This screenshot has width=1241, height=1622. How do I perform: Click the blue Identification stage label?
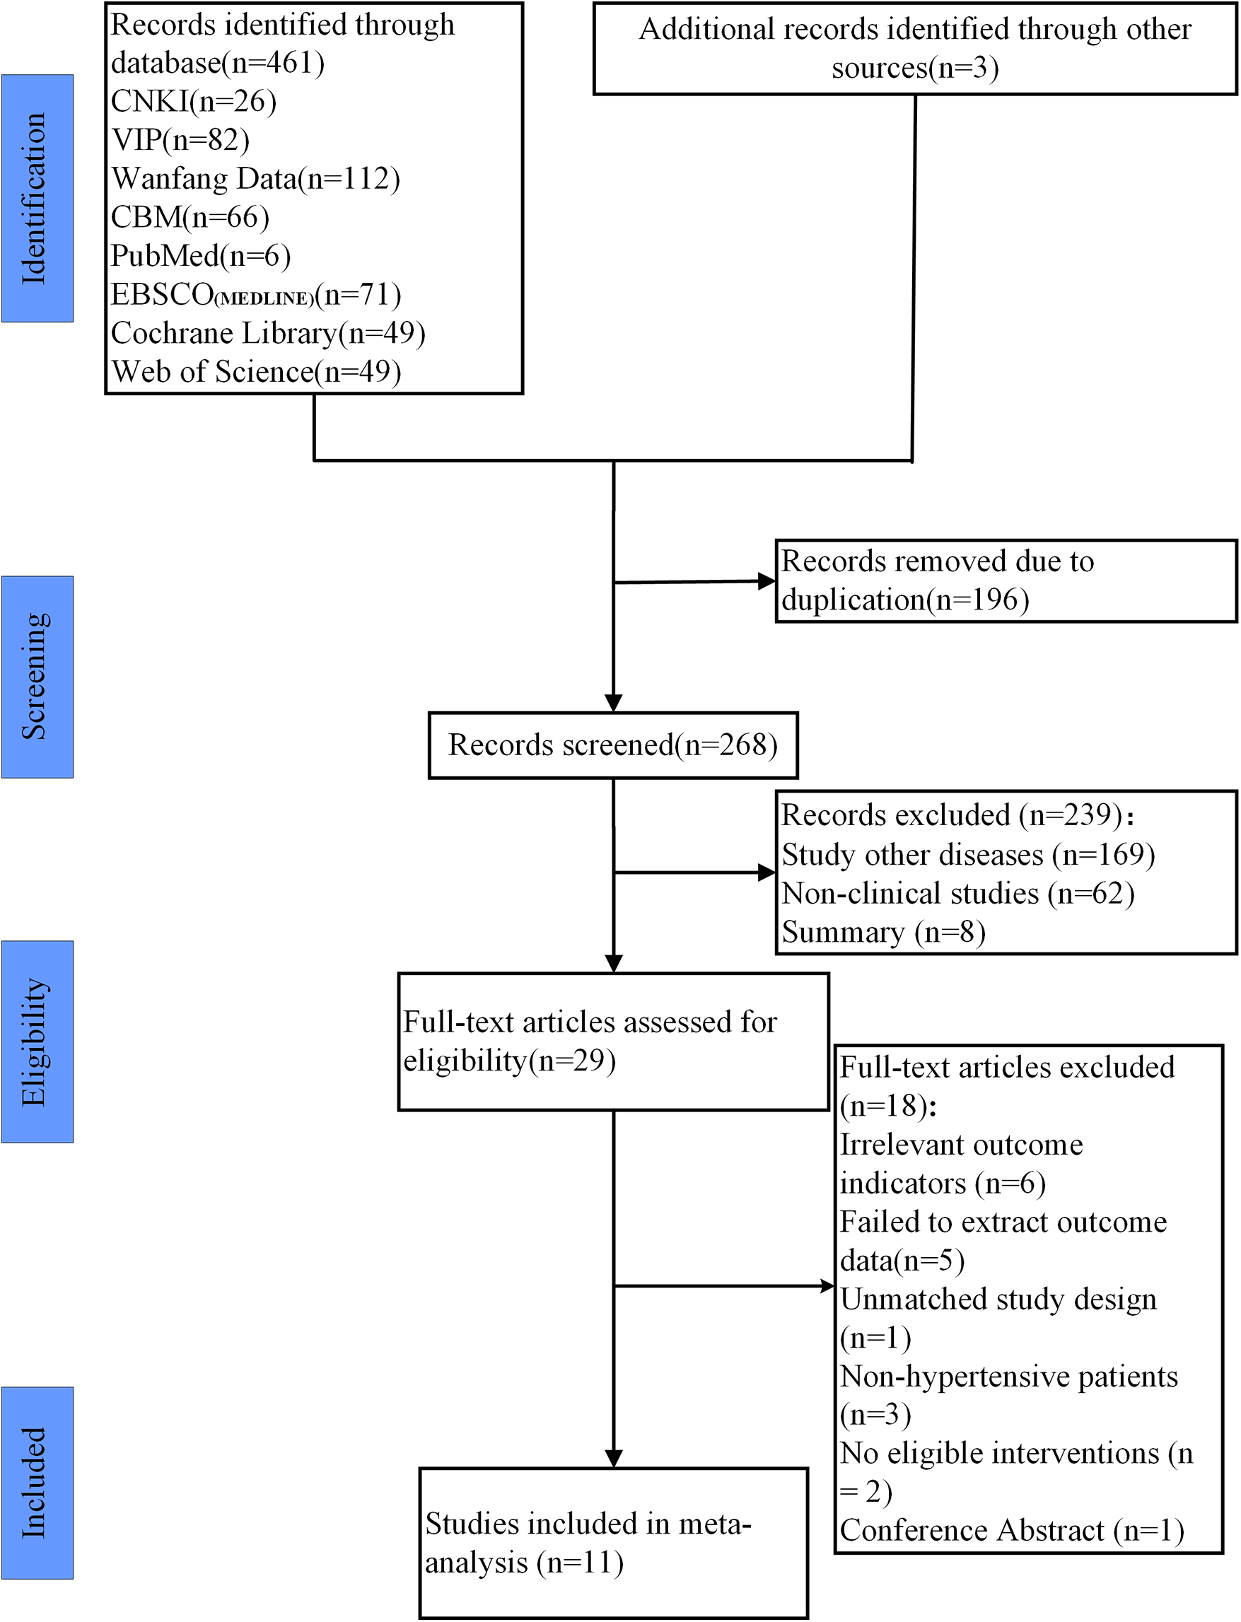coord(37,198)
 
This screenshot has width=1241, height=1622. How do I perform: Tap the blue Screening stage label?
coord(37,677)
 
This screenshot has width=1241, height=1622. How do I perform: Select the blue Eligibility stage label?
coord(37,1042)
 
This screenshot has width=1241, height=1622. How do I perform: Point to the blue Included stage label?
coord(37,1483)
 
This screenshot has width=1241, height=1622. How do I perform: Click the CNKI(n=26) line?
coord(194,102)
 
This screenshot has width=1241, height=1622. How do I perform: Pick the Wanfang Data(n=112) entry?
coord(255,180)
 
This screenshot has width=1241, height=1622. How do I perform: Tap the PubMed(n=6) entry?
coord(200,256)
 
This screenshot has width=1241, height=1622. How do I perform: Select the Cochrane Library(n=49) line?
coord(267,333)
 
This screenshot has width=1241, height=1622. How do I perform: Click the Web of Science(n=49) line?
coord(255,371)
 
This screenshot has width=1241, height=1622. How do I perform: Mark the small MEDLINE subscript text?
coord(264,299)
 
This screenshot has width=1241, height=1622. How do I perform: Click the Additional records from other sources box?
coord(914,49)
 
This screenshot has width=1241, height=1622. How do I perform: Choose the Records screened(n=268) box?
coord(613,745)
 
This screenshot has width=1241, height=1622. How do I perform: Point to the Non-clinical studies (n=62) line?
coord(957,894)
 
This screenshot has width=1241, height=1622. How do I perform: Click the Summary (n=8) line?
coord(883,932)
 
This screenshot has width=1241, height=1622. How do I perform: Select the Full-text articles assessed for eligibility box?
coord(613,1042)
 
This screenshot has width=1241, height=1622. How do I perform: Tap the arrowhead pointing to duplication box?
coord(767,581)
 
